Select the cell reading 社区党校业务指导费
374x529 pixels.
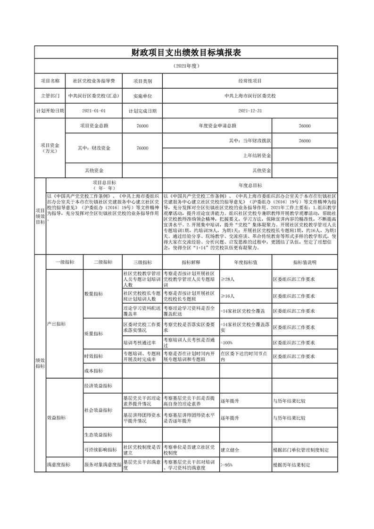(93, 81)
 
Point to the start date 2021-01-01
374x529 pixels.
(93, 111)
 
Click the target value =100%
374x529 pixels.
(227, 342)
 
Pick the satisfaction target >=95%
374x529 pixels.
(227, 464)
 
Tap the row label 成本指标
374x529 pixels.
(93, 371)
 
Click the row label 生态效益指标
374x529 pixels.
(98, 434)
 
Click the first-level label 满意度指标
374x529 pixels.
(58, 464)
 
